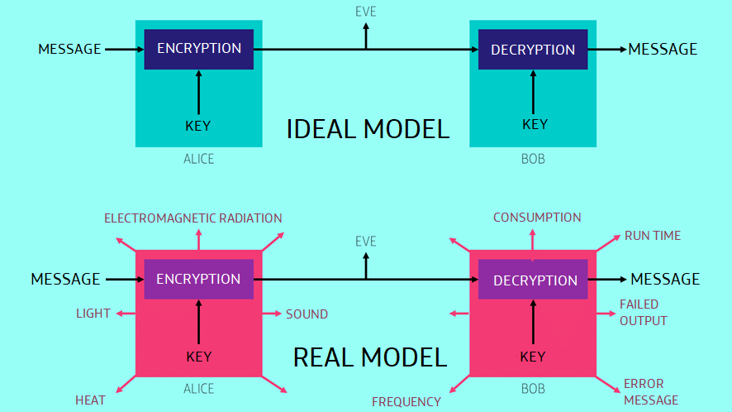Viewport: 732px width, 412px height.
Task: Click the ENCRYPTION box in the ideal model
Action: (199, 49)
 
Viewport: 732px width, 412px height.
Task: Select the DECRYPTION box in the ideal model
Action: (533, 49)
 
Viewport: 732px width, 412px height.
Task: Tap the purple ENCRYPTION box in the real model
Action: (199, 279)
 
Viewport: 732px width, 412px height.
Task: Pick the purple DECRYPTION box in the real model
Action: (533, 279)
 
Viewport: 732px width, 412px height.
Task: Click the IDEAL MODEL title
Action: (368, 129)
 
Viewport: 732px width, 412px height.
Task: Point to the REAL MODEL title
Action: (370, 357)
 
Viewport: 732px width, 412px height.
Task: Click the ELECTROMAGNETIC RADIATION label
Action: (193, 218)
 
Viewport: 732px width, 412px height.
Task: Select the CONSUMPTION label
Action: (537, 218)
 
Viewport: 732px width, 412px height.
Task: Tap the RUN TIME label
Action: (653, 236)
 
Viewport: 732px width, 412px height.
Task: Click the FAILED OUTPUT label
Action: (644, 313)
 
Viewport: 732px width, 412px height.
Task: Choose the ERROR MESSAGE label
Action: (651, 392)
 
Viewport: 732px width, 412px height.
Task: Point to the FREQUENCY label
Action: (406, 402)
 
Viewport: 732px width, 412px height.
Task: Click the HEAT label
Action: (90, 400)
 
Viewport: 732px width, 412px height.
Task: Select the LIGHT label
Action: (93, 314)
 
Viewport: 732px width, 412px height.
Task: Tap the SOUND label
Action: (307, 314)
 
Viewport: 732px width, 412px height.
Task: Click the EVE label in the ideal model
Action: (365, 12)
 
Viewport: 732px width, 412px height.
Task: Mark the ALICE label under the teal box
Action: (199, 159)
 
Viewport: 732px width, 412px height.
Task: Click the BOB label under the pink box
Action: (533, 389)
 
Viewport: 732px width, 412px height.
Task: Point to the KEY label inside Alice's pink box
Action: (199, 357)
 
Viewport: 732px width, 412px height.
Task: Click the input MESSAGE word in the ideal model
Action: (69, 49)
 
